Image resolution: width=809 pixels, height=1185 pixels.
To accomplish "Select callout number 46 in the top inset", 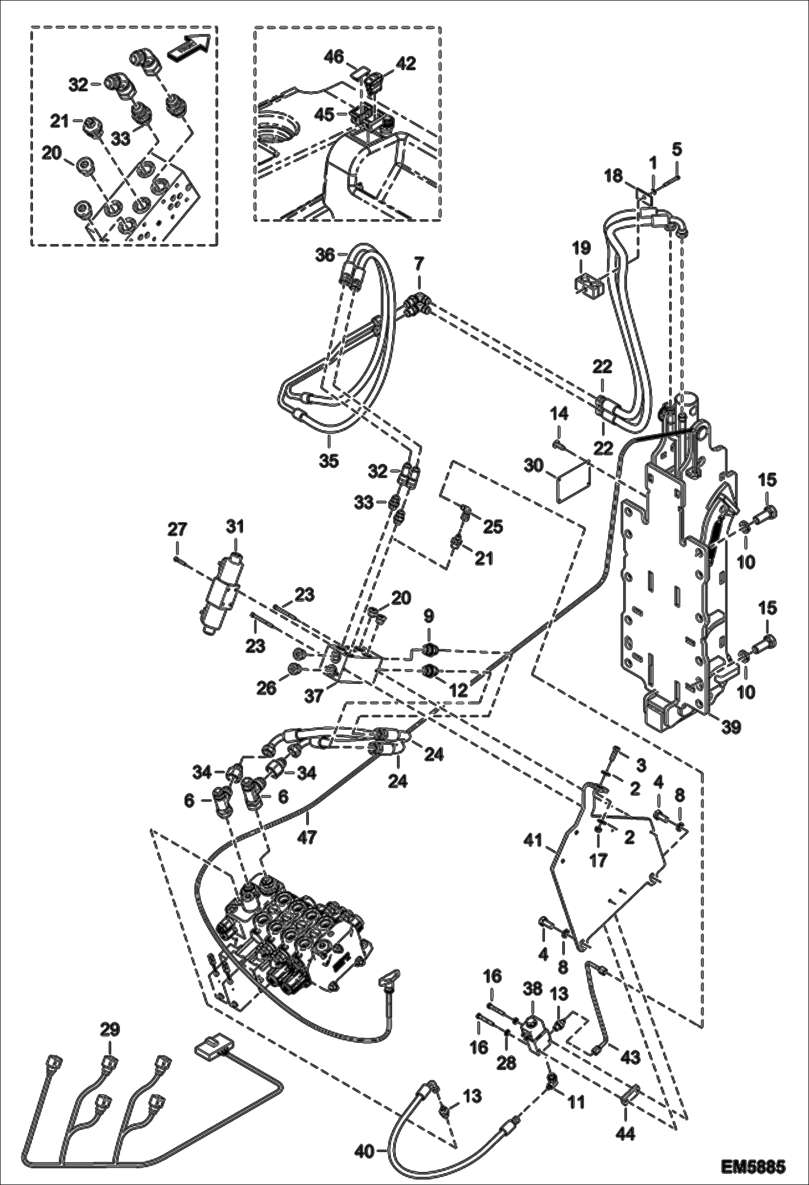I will pos(335,57).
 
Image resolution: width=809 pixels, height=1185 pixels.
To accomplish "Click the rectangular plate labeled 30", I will pos(573,475).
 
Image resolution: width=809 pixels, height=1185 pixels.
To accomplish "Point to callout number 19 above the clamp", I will pos(582,248).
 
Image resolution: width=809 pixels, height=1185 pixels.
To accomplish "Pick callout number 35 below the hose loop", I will pos(328,460).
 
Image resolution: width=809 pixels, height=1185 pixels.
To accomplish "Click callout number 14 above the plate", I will pos(559,414).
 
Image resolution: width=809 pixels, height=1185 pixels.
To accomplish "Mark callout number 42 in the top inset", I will pos(406,64).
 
